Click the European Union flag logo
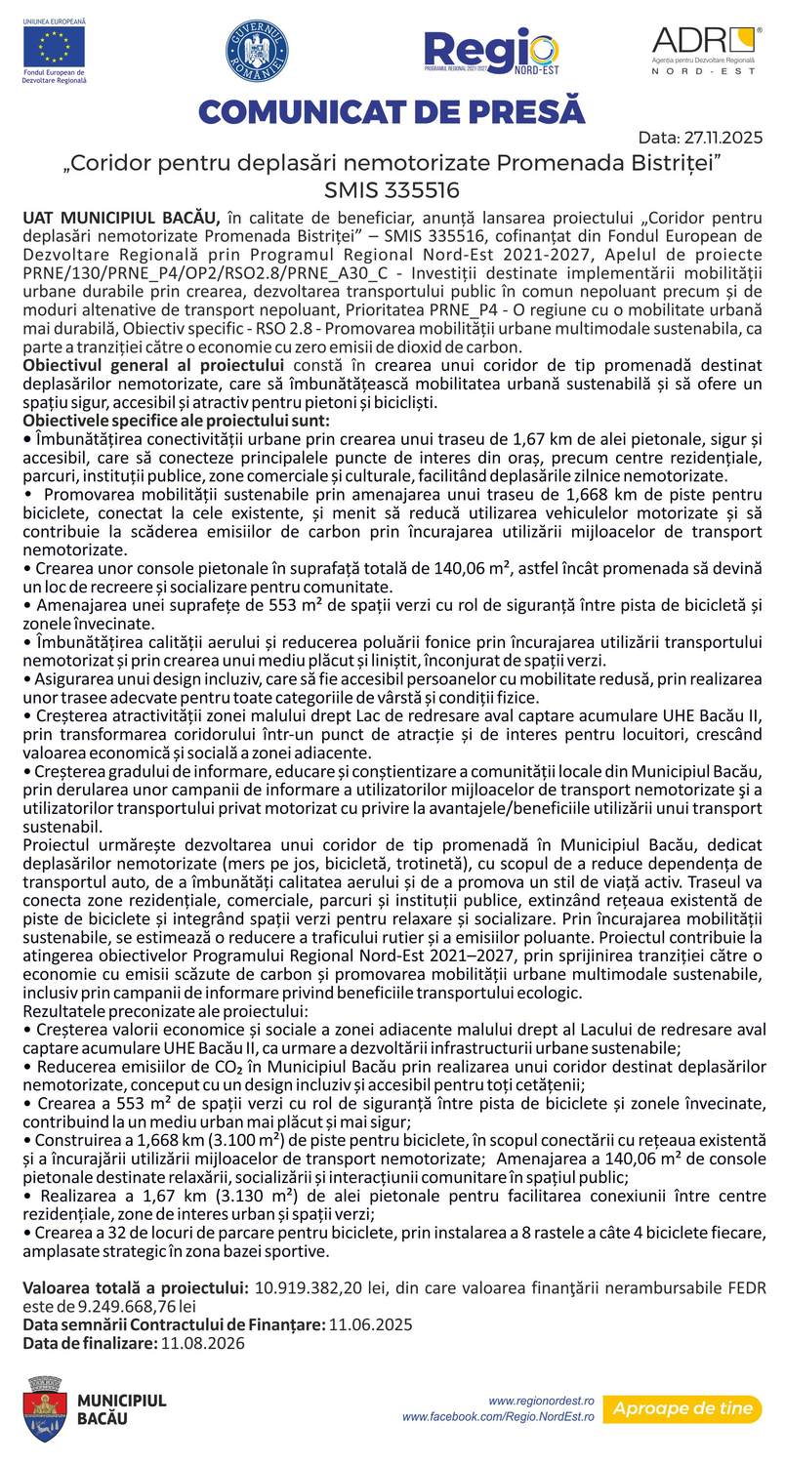(x=54, y=46)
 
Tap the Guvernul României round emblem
(x=257, y=50)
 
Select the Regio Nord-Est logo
(x=491, y=51)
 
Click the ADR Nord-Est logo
(x=706, y=50)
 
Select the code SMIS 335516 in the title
(x=392, y=188)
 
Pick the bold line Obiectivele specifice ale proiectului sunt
(x=176, y=421)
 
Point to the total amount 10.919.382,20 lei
(x=318, y=1287)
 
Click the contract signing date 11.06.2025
(x=370, y=1324)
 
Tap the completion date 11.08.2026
(x=203, y=1343)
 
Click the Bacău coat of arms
(x=45, y=1408)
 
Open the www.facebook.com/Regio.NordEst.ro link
(x=498, y=1416)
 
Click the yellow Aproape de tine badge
(x=682, y=1408)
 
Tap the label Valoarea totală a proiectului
(x=135, y=1287)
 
